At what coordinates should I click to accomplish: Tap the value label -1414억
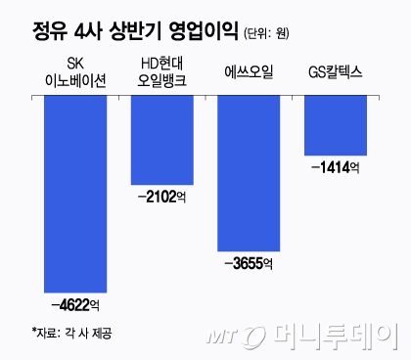pos(336,168)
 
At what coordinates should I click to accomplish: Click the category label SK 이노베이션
pos(75,74)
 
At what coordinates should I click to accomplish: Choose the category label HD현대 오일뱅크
pos(162,74)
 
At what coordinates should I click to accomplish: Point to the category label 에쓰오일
pos(249,67)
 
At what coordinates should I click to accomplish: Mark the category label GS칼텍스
pos(336,67)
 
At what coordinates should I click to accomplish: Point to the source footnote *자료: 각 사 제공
pos(71,333)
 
